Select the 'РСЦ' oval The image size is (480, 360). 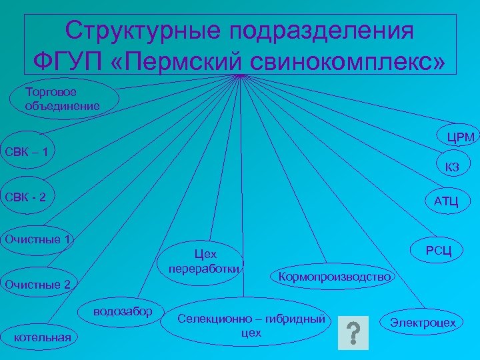[439, 250]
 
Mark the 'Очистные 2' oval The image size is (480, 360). [38, 285]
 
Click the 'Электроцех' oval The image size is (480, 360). [423, 323]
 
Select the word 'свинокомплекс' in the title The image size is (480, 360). [347, 61]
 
